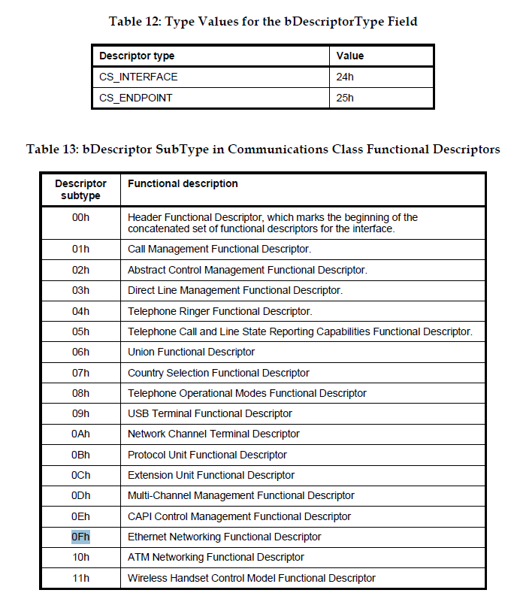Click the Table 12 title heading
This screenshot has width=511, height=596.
coord(263,21)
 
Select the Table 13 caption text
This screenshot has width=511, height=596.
coord(263,149)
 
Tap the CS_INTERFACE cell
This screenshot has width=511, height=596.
coord(138,77)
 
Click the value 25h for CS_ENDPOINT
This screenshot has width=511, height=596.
coord(346,98)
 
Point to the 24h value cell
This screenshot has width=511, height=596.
coord(346,77)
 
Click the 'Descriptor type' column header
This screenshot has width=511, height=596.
coord(137,56)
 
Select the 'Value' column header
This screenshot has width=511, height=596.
coord(350,56)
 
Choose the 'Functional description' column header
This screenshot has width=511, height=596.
coord(183,183)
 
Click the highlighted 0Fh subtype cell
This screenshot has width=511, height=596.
coord(80,537)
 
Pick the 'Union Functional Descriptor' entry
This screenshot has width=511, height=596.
coord(191,352)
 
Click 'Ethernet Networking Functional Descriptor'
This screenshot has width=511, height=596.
coord(224,537)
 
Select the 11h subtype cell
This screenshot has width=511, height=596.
coord(80,578)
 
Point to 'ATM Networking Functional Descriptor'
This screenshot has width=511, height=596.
coord(216,557)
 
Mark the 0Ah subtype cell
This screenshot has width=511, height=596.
coord(80,434)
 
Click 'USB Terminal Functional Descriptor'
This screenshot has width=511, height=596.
coord(210,413)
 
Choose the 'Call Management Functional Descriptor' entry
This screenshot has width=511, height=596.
coord(219,249)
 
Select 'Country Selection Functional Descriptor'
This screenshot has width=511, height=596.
coord(218,373)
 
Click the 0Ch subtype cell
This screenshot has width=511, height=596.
coord(80,475)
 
